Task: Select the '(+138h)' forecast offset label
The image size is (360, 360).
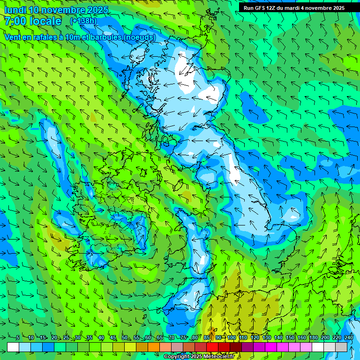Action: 83,21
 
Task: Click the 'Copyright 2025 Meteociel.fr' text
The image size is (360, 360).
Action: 199,357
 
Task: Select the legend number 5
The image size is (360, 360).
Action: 17,338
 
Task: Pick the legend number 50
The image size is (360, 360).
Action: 125,338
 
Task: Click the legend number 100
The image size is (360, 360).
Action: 232,338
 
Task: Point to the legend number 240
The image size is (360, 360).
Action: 349,338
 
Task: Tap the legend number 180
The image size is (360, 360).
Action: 313,338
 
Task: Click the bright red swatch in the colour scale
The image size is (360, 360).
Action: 212,347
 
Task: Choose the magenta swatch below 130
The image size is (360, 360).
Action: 271,347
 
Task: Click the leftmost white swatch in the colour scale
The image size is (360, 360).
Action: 13,347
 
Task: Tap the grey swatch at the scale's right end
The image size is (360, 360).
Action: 341,347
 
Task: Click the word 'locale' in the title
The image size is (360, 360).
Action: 45,21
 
